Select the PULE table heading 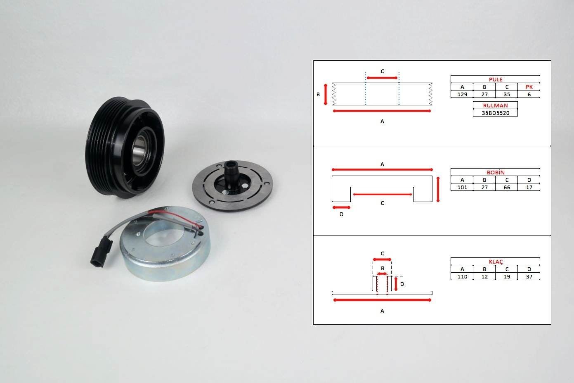(x=495, y=79)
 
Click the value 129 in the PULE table (x=462, y=94)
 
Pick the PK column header (x=529, y=87)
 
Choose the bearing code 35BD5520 (x=495, y=113)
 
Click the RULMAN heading (x=495, y=105)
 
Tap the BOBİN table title (x=495, y=172)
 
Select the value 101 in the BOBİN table (x=462, y=187)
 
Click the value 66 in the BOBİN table (x=507, y=187)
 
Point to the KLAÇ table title (x=496, y=262)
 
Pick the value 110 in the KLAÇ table (x=462, y=276)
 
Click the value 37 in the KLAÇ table (x=529, y=276)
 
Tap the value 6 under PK (x=529, y=94)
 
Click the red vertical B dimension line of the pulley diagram (x=326, y=94)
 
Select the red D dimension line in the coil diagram (x=341, y=207)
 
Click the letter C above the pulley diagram (x=382, y=71)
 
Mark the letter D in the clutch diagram (x=402, y=284)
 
